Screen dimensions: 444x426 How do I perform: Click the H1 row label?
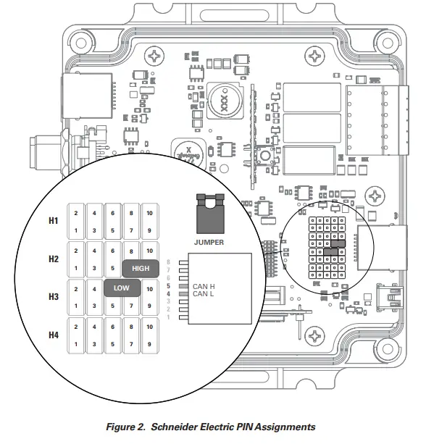(54, 220)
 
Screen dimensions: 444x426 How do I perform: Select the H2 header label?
(54, 259)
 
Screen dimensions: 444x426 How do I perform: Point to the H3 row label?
(54, 297)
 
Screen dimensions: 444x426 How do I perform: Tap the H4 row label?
(54, 335)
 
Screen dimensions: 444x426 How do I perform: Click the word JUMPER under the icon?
(209, 242)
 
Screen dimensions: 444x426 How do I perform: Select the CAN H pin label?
(204, 288)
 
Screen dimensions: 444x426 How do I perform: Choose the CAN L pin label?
(204, 294)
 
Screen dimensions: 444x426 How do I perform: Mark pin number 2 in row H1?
(75, 212)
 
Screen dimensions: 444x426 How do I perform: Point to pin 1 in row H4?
(75, 344)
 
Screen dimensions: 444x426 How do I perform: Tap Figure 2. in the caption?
(125, 427)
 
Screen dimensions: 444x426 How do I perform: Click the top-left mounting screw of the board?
(154, 56)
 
